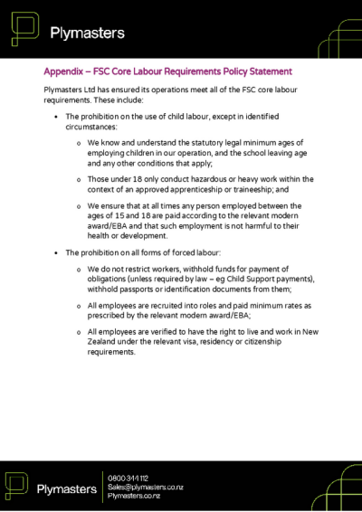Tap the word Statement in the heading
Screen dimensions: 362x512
tap(266, 71)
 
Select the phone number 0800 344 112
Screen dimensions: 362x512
tap(128, 478)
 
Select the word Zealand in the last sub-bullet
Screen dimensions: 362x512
tap(106, 344)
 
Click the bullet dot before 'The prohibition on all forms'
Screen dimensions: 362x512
tap(57, 250)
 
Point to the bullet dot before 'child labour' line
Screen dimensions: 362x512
tap(57, 118)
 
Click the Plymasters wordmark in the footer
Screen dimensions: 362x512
tap(66, 489)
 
